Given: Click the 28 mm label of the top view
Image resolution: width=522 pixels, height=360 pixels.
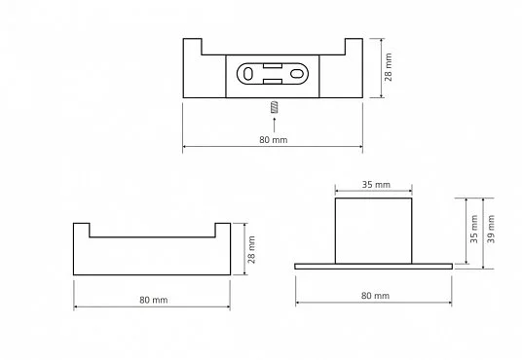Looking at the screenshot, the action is coord(389,67).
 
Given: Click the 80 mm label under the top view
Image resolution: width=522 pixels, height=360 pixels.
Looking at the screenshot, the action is coord(274,140).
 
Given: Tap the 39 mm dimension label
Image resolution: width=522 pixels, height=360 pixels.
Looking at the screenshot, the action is coord(491,229).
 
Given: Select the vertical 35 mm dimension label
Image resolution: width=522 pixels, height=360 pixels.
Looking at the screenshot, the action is coord(474,229).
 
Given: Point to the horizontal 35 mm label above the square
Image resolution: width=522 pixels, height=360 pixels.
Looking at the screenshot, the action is coord(376,185).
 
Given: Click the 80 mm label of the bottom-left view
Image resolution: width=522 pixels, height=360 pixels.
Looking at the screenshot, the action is coord(154,300).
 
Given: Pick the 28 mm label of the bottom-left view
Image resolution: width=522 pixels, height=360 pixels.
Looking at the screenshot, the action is coord(251,250).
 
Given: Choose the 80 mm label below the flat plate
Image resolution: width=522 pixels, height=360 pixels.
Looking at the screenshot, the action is coord(375,296).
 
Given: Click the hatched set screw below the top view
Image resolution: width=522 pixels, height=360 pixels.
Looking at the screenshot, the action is coord(274,107).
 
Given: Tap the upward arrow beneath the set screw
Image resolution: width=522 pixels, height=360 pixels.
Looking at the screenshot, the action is coord(274,125).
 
